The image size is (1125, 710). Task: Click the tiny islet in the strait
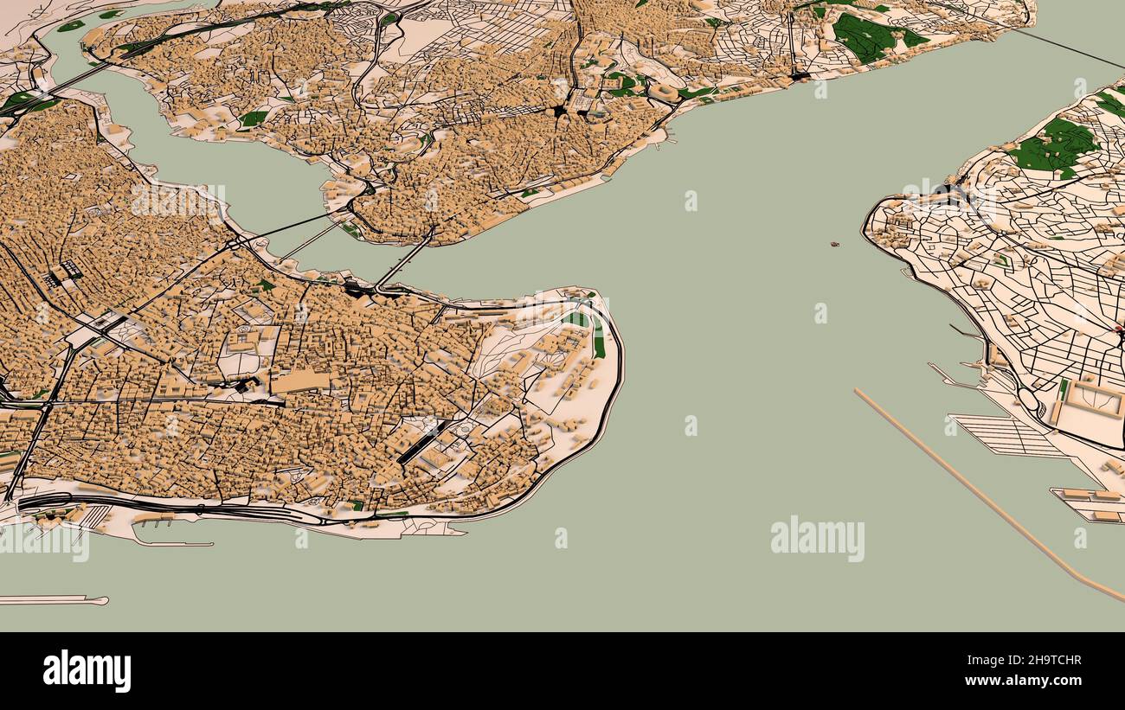click(x=835, y=245)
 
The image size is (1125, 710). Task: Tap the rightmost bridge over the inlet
click(x=403, y=259)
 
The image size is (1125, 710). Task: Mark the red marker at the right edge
click(x=1119, y=329)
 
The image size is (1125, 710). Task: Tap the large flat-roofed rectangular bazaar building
click(x=299, y=381)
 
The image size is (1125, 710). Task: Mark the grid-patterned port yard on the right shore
click(x=1004, y=435)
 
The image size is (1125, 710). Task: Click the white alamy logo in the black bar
click(x=87, y=671)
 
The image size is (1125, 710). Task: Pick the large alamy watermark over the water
click(x=817, y=538)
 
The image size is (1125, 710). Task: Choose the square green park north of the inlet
click(x=253, y=118)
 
